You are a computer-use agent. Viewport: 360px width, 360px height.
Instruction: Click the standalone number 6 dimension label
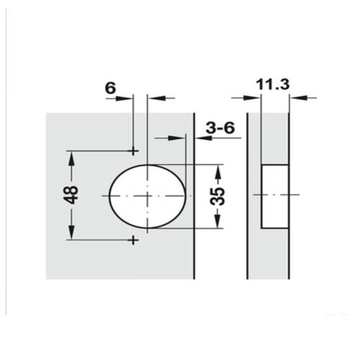(x=109, y=87)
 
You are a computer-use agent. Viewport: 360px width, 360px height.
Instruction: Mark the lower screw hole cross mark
(x=134, y=240)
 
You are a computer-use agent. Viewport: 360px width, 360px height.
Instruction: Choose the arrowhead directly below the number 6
(x=127, y=99)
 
